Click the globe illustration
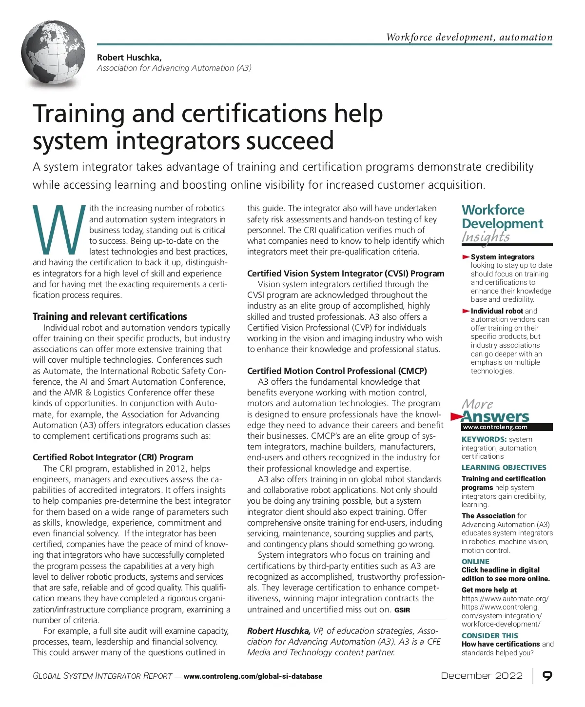tap(53, 54)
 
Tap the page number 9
tap(547, 676)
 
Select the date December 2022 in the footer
tap(482, 676)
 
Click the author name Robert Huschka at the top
tap(129, 58)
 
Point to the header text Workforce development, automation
tap(469, 37)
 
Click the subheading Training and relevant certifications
tap(110, 316)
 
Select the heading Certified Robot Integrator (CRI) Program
tap(113, 457)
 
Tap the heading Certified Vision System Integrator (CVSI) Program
tap(346, 274)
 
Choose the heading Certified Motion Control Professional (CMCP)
tap(337, 371)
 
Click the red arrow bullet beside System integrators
tap(466, 257)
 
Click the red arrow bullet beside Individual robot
tap(466, 311)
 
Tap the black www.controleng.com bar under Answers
tap(507, 427)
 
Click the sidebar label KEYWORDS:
tap(484, 439)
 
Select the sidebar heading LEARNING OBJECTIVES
tap(504, 468)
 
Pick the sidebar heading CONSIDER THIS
tap(490, 636)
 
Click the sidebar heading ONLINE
tap(475, 562)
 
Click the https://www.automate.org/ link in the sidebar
tap(505, 599)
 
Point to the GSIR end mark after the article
tap(402, 610)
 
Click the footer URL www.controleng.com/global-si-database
tap(253, 676)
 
